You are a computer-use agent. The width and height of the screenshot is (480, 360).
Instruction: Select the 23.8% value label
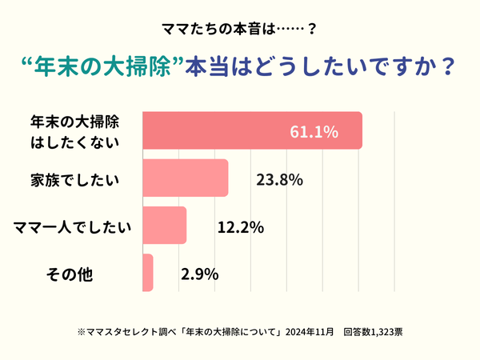pos(278,179)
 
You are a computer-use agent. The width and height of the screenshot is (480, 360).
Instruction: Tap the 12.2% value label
pos(241,227)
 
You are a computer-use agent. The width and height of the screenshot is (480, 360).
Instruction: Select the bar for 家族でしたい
pos(185,178)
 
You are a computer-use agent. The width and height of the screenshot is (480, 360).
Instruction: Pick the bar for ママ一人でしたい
pos(164,226)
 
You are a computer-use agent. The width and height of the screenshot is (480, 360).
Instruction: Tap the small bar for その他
pos(147,273)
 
